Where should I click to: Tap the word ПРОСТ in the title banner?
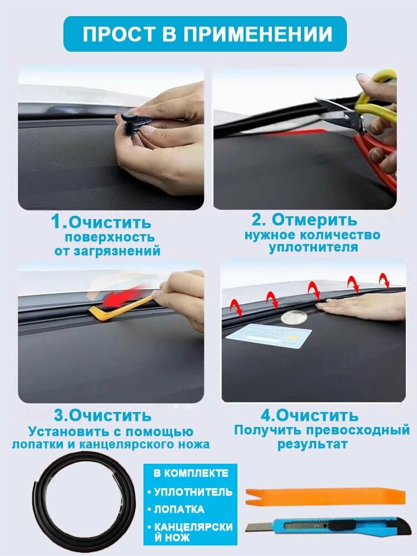(x=119, y=34)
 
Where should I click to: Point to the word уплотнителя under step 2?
(x=313, y=247)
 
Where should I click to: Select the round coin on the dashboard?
(x=294, y=317)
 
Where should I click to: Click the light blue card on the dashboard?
(x=269, y=334)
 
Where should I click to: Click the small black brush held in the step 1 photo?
(x=132, y=121)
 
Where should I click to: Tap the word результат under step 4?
(x=312, y=444)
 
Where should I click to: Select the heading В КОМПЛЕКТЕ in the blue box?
(x=191, y=473)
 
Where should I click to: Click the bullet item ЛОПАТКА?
(x=179, y=509)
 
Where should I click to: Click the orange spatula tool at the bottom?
(x=325, y=496)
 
